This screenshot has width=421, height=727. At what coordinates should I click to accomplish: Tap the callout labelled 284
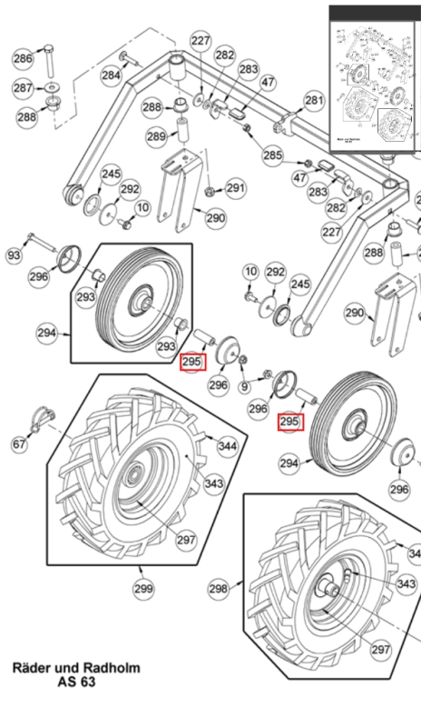pyautogui.click(x=111, y=75)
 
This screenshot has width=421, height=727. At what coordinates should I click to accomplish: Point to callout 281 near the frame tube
pyautogui.click(x=313, y=100)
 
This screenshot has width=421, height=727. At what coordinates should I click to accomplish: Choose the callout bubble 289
pyautogui.click(x=156, y=136)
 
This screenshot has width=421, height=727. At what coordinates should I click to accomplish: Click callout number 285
pyautogui.click(x=273, y=156)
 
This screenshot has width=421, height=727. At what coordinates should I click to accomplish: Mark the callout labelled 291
pyautogui.click(x=236, y=188)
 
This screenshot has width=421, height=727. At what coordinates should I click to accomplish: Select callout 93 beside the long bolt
pyautogui.click(x=14, y=256)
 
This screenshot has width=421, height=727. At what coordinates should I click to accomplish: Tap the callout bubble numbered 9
pyautogui.click(x=243, y=388)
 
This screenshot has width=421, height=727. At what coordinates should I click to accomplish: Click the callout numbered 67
pyautogui.click(x=19, y=443)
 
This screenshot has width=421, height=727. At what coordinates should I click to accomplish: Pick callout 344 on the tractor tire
pyautogui.click(x=228, y=446)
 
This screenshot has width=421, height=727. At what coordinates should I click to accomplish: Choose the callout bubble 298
pyautogui.click(x=219, y=589)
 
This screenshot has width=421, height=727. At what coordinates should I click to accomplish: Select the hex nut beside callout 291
pyautogui.click(x=210, y=192)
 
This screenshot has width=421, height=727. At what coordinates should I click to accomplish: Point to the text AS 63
pyautogui.click(x=76, y=682)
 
